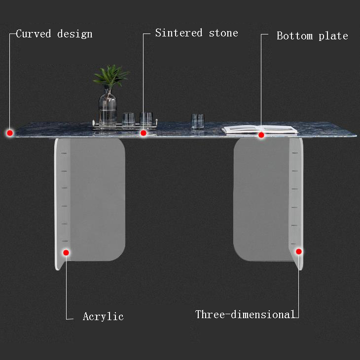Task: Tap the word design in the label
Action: click(74, 34)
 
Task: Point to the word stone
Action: click(223, 33)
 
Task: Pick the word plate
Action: click(333, 36)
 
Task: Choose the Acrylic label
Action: click(103, 317)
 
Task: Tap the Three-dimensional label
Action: click(245, 315)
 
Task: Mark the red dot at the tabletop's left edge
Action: click(9, 132)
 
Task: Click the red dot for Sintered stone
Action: click(144, 132)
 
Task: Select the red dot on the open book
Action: click(261, 134)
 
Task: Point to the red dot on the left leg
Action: click(66, 253)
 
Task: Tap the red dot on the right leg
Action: click(299, 251)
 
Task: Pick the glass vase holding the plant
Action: click(108, 108)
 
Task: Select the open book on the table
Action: click(259, 129)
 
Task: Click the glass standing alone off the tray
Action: click(198, 121)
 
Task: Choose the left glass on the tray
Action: click(129, 120)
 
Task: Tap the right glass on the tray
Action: click(146, 119)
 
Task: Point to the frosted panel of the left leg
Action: click(96, 197)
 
